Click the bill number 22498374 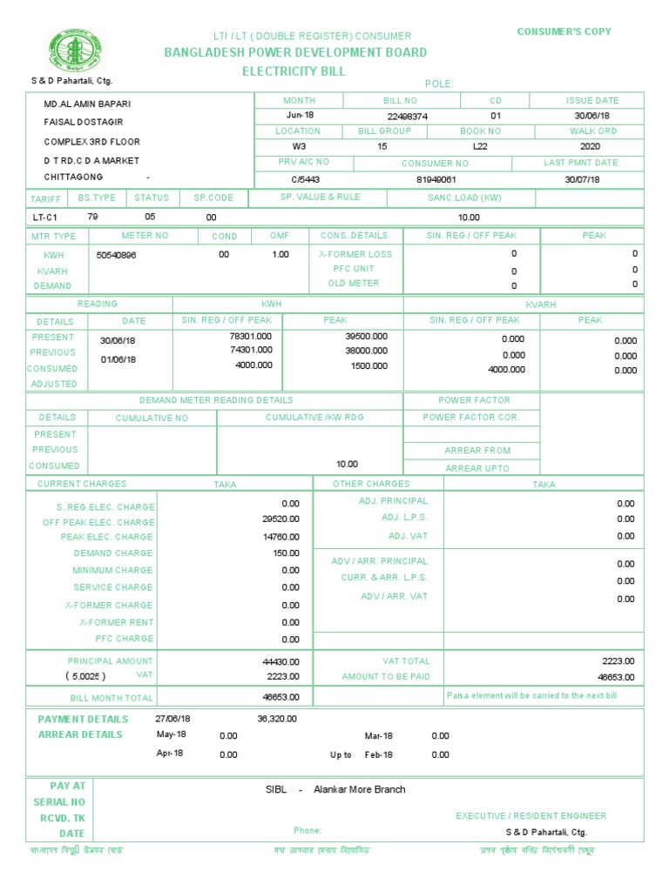(407, 116)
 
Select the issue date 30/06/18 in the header (591, 116)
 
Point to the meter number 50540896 (116, 255)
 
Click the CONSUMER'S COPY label (564, 31)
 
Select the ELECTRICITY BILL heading (294, 71)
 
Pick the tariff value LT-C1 (44, 217)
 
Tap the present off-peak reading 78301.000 (251, 336)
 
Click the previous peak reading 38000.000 (367, 351)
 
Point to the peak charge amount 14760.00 (280, 537)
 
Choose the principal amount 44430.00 (280, 661)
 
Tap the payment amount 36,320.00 (277, 719)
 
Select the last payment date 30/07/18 (583, 179)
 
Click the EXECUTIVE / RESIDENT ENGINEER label (530, 816)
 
